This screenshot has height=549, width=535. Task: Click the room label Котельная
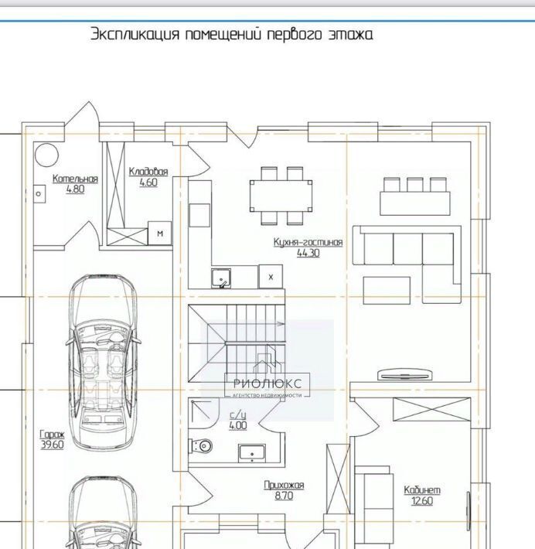75,179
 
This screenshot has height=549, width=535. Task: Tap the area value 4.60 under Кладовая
148,182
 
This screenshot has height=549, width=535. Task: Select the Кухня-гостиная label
308,242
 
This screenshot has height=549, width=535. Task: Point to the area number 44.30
308,253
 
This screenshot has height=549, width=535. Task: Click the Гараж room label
52,435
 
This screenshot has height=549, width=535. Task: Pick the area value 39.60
52,445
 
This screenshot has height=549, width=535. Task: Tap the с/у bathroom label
238,415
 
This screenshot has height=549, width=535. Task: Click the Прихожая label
284,486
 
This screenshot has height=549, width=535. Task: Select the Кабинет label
422,490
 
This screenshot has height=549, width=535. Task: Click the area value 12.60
422,501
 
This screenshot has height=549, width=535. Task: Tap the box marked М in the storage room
160,234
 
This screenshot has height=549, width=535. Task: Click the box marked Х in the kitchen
271,277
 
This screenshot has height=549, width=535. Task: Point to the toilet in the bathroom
202,446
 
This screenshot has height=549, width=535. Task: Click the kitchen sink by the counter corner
221,278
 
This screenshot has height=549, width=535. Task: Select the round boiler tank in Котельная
46,155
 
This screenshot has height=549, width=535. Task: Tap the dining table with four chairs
281,196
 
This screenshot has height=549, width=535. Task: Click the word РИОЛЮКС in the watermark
267,384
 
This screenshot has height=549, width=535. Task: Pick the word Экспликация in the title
135,34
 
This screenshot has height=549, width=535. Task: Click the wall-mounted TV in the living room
404,375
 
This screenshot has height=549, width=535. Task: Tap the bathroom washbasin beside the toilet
252,453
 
